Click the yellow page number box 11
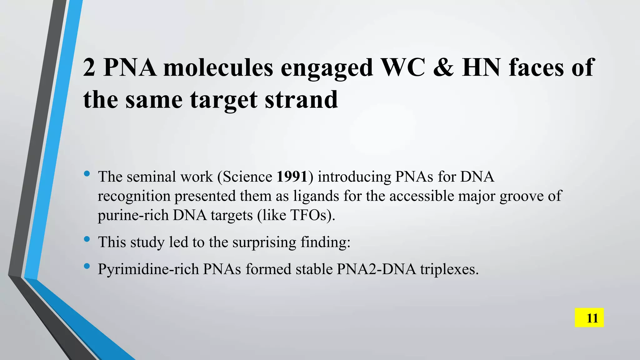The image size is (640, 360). [589, 317]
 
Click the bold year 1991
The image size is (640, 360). [292, 177]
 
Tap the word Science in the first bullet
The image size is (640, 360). [247, 177]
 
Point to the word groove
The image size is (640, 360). [521, 196]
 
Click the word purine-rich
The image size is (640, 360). [133, 215]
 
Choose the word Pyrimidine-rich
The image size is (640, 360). [148, 269]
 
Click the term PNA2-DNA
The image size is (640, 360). [376, 269]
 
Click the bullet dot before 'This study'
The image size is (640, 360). [87, 240]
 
